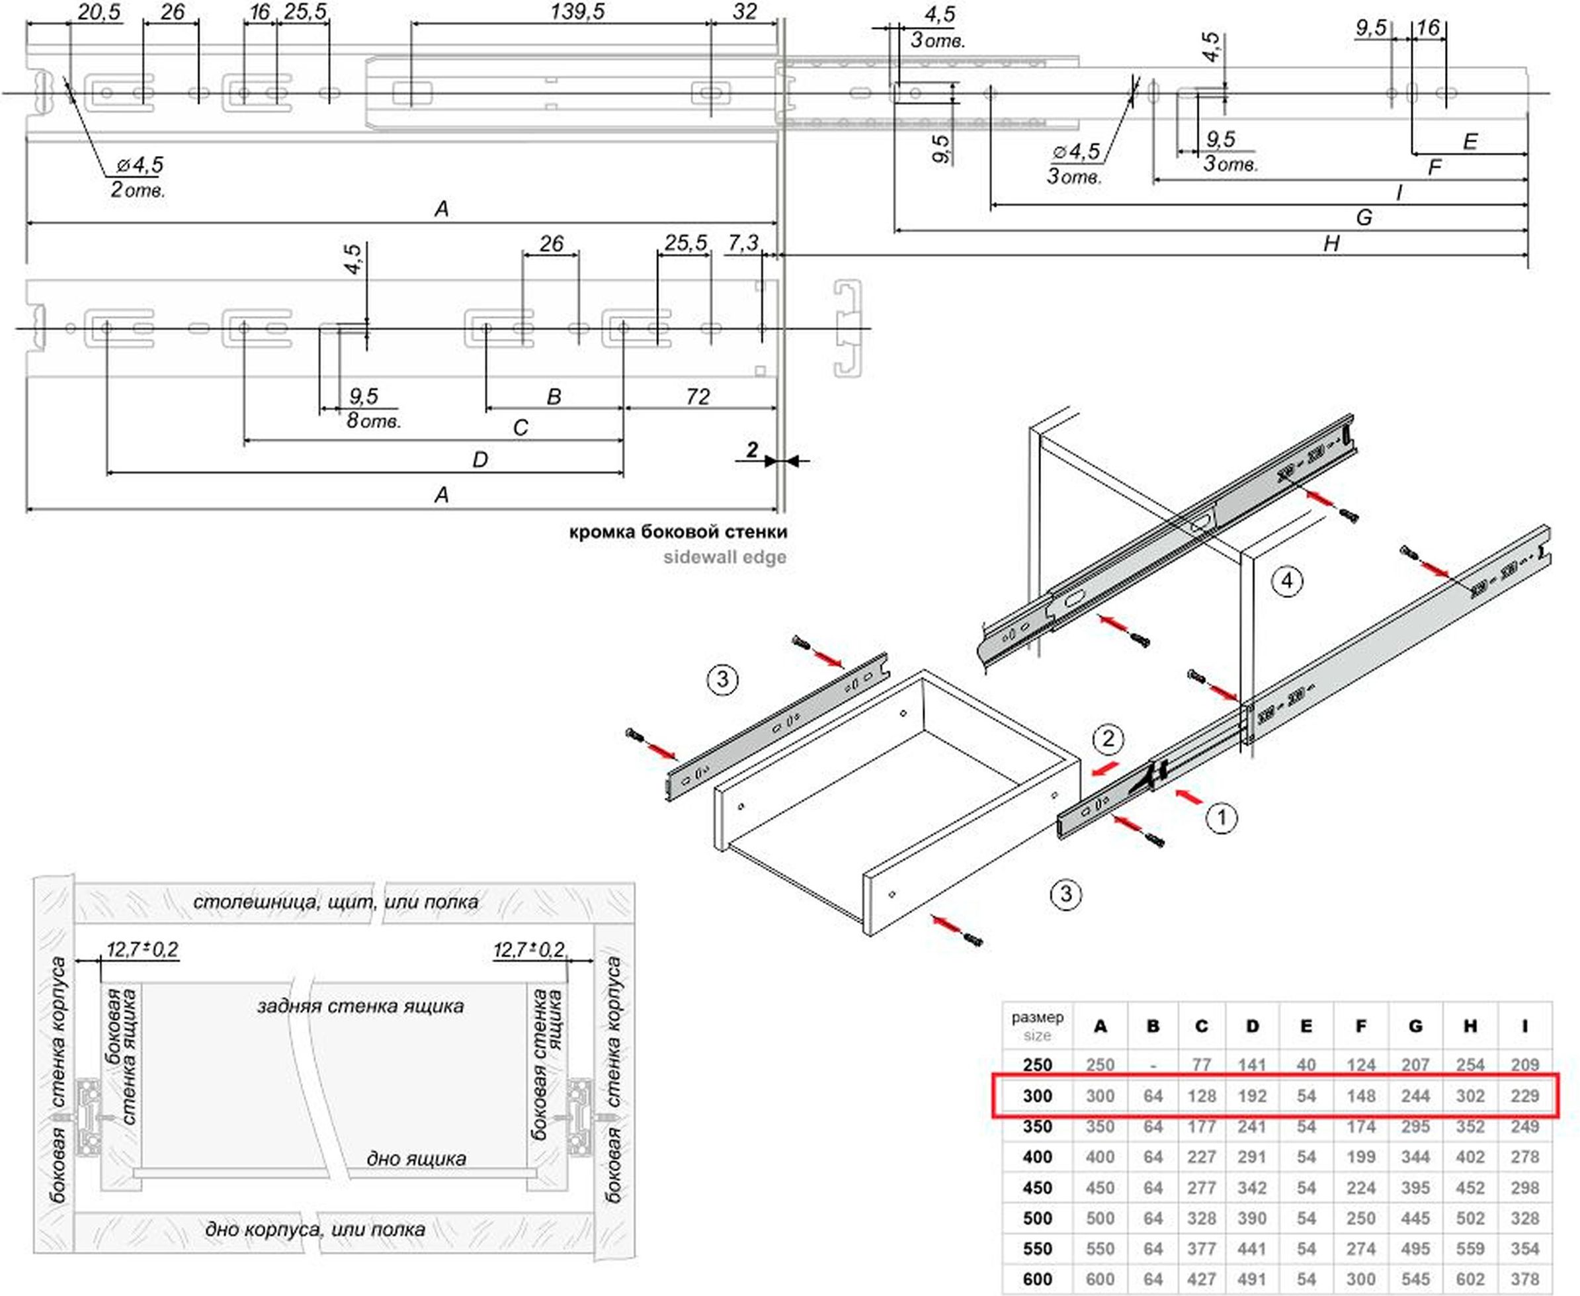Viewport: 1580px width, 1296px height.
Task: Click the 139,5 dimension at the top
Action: (577, 12)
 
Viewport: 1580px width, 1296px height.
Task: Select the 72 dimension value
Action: (698, 396)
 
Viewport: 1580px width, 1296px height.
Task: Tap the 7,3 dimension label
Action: (743, 243)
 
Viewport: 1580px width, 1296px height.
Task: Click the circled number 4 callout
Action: (1287, 581)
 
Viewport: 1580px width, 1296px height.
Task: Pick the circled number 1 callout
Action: (1221, 818)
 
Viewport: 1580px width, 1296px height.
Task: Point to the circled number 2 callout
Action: (1108, 739)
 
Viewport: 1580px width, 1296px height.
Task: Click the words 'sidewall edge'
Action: (725, 557)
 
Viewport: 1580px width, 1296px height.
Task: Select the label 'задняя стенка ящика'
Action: (360, 1006)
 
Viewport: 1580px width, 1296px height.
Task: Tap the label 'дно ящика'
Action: (416, 1158)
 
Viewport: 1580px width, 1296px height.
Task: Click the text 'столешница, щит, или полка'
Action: (336, 902)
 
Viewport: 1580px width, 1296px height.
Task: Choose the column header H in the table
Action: (1470, 1027)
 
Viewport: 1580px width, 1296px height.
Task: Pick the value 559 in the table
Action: (1470, 1249)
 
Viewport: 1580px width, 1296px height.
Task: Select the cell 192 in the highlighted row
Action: (1251, 1096)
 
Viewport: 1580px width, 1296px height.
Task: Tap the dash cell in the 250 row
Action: (1153, 1064)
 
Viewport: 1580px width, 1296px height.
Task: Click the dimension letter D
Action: (480, 460)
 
